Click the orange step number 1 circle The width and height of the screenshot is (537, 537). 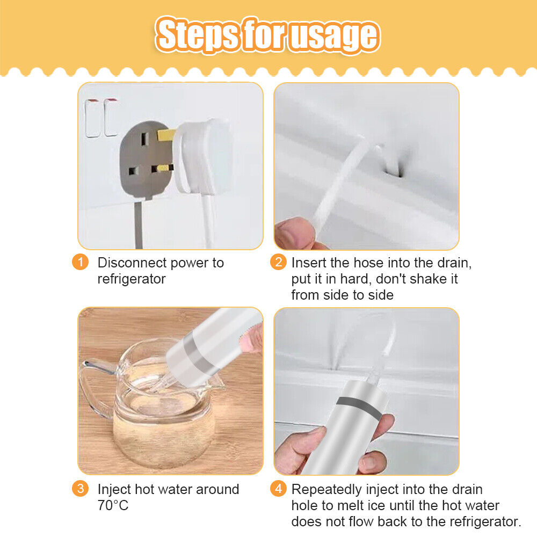80,263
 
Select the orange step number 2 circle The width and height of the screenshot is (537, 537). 278,263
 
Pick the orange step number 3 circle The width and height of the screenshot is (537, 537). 80,489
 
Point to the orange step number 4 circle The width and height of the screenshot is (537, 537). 278,489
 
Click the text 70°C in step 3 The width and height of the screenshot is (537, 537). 113,506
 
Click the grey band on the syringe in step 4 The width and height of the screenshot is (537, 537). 359,407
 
